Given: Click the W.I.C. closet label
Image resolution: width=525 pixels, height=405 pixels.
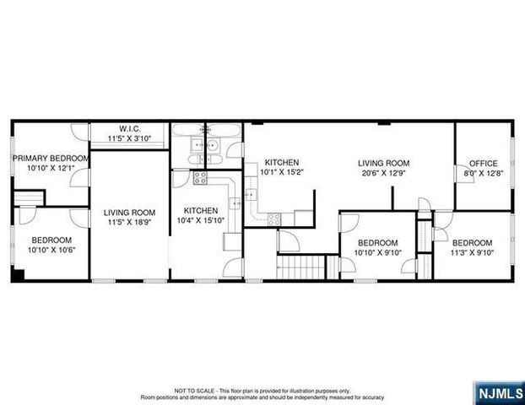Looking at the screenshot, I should coord(130,129).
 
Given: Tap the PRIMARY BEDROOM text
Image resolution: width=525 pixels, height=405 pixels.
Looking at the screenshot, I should coord(50,158).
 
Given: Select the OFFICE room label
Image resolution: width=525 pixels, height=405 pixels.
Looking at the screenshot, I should coord(483,164).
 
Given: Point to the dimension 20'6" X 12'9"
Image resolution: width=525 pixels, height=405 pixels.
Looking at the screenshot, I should coord(383,174).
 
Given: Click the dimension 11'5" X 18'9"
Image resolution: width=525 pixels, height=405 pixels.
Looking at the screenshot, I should coord(129,223).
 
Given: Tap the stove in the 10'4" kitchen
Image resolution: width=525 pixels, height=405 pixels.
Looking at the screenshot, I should coord(201,177).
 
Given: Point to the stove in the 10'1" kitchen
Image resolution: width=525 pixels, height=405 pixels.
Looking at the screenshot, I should coord(275,219).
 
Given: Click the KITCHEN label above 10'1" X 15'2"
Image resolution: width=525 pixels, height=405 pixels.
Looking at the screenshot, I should coord(281,163).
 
